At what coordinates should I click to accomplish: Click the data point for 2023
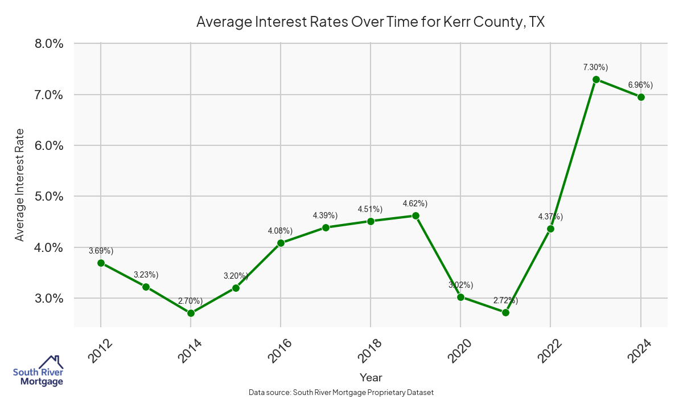click(596, 79)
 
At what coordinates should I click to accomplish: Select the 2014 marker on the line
click(191, 313)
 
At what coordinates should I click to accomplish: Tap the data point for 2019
click(415, 215)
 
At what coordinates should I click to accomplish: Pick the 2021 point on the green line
click(505, 312)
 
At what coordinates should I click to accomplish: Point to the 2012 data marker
click(101, 263)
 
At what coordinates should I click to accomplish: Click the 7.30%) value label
click(595, 67)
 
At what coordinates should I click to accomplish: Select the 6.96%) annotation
click(640, 85)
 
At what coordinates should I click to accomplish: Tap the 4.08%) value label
click(280, 231)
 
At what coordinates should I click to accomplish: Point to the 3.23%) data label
click(146, 275)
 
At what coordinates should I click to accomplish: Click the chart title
click(371, 22)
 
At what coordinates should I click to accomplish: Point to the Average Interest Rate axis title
click(20, 185)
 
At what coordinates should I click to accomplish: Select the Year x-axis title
click(371, 377)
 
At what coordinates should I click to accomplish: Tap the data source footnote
click(341, 393)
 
